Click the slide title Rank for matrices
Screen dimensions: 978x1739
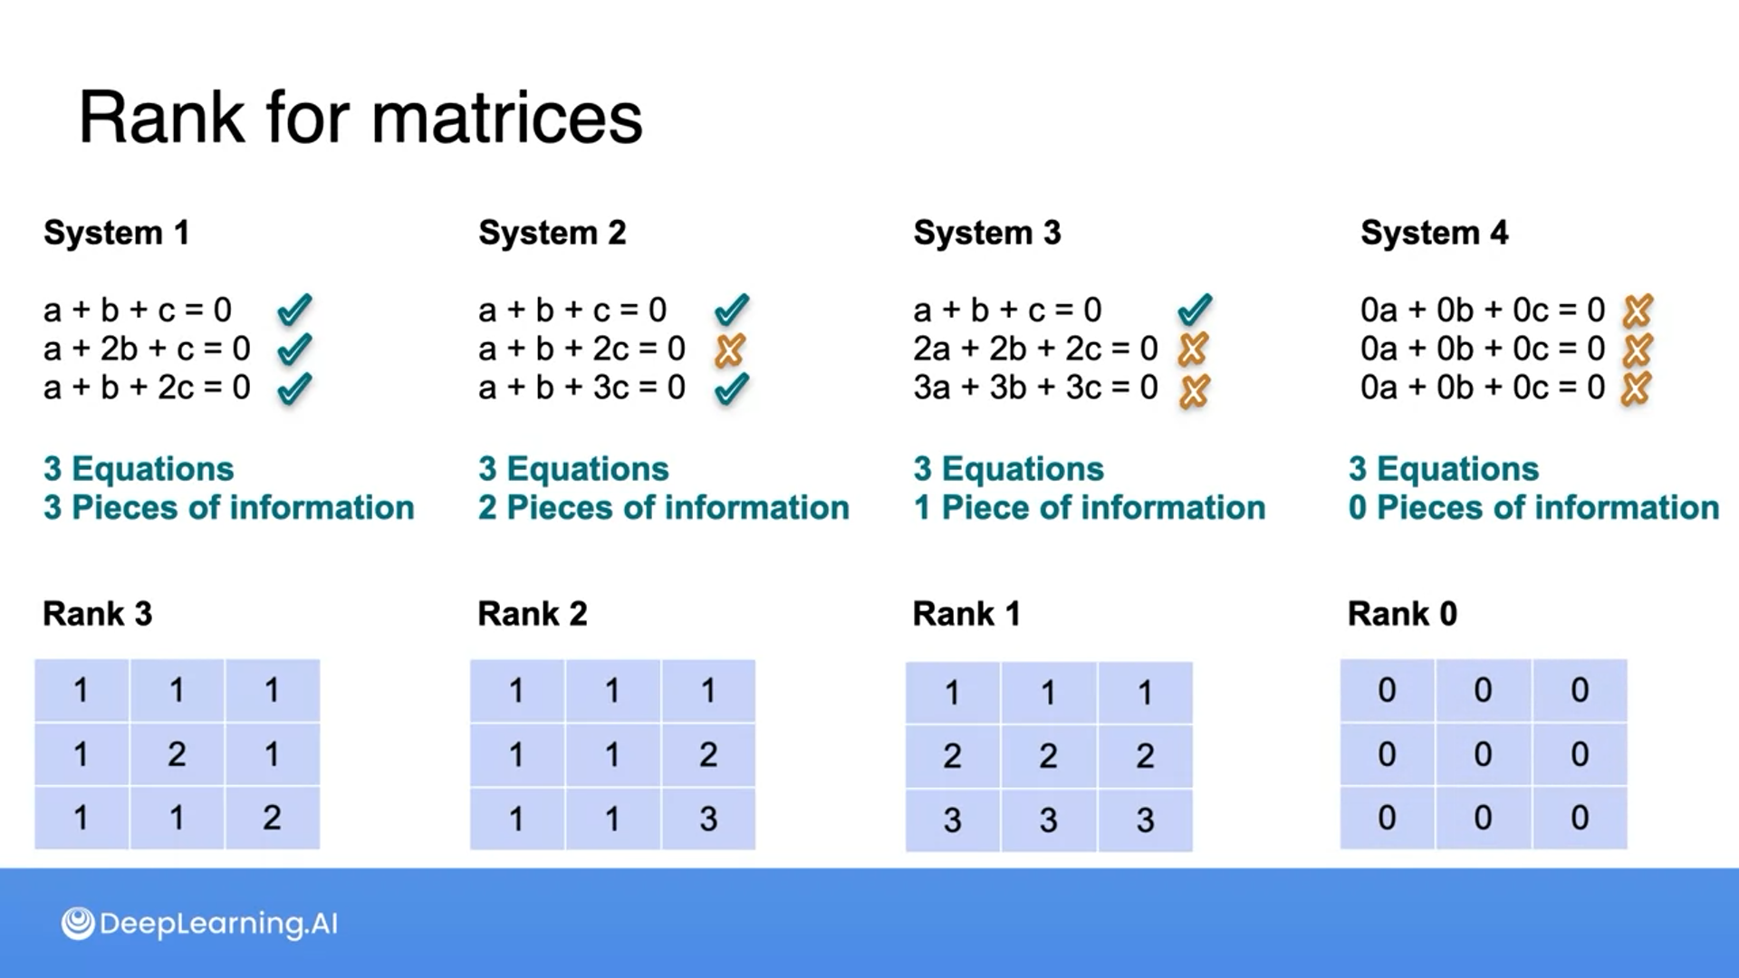(x=360, y=118)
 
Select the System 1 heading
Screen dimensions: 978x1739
(x=117, y=233)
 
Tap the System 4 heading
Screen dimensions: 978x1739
(x=1434, y=233)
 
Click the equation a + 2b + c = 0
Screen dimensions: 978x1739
(x=147, y=349)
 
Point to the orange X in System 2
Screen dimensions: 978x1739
(x=729, y=350)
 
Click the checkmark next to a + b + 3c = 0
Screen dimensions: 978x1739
(x=731, y=388)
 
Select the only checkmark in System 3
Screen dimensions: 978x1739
(x=1195, y=311)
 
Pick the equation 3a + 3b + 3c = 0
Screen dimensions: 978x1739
(x=1035, y=388)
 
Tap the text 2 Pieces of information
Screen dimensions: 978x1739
(x=664, y=508)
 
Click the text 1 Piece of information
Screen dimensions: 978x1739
(x=1090, y=508)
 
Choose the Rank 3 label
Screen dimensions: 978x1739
(x=98, y=614)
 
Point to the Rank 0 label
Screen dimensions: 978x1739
(x=1402, y=614)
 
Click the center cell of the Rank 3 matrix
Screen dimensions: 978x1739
(x=177, y=754)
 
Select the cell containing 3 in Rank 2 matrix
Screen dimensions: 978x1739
(x=708, y=819)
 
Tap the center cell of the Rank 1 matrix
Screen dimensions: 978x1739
(x=1048, y=756)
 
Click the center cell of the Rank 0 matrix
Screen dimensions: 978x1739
(x=1483, y=754)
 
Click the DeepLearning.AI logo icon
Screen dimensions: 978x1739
(x=78, y=924)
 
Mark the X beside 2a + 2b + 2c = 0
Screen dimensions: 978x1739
(x=1194, y=349)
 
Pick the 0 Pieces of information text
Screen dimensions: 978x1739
(x=1533, y=508)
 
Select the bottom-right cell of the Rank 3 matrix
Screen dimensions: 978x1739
(x=272, y=818)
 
